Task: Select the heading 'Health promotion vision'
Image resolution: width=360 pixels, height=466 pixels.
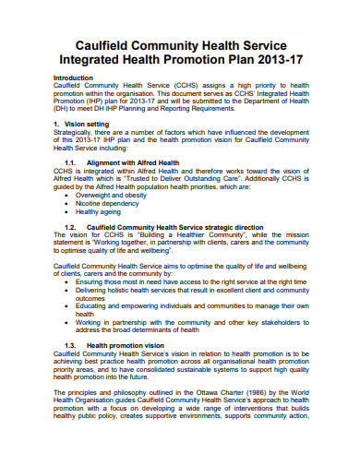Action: click(x=138, y=345)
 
